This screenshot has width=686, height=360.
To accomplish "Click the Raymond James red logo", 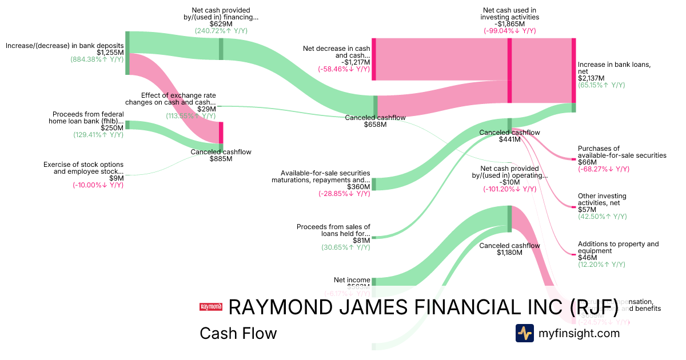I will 210,307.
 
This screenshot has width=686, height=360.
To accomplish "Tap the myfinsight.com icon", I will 524,333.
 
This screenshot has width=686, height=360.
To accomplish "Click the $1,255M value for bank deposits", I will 112,53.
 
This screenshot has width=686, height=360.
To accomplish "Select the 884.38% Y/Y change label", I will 97,59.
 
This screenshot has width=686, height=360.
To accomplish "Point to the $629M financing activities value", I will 221,24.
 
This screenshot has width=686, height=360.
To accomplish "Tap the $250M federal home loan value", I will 113,128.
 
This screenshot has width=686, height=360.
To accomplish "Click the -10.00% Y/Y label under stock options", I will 98,185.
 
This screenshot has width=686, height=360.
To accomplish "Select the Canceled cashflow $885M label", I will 221,155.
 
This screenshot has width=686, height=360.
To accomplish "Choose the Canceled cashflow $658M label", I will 375,121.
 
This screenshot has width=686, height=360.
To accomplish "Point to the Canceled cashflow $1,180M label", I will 509,249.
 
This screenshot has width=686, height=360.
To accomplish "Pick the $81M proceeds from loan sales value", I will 361,241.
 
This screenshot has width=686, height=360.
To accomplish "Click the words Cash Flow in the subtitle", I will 238,333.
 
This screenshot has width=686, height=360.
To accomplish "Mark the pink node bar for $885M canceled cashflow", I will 221,133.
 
